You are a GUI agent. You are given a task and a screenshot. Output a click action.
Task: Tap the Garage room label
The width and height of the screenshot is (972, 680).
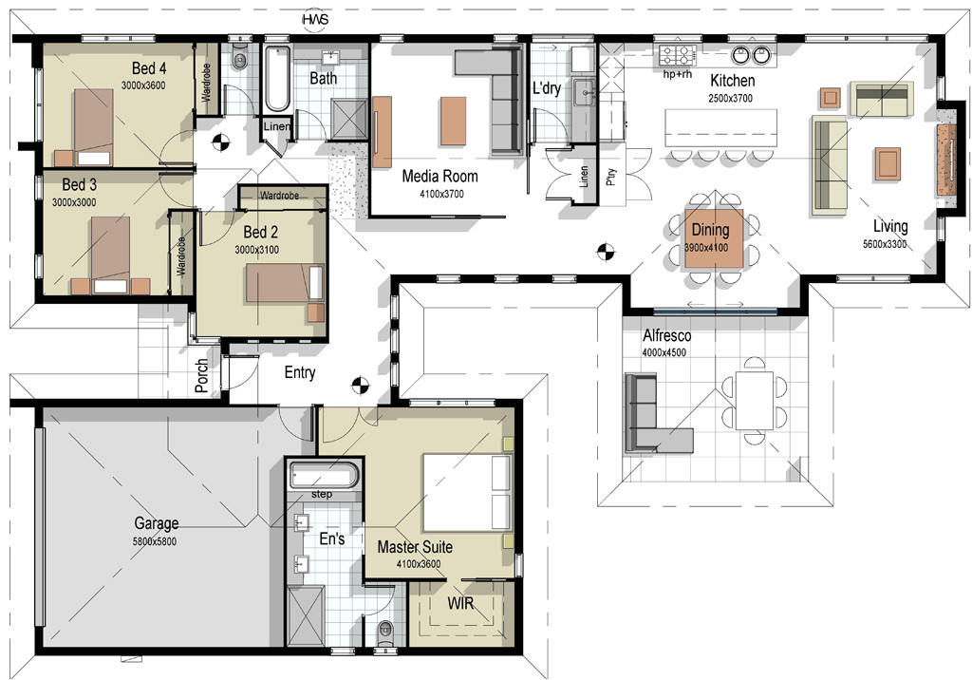tap(157, 523)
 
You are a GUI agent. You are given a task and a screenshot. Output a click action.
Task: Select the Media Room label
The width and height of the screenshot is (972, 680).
tap(439, 176)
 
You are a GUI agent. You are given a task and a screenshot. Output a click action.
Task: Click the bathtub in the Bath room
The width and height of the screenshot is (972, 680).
tap(277, 78)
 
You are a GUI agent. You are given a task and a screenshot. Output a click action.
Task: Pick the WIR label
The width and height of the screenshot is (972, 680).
tap(460, 604)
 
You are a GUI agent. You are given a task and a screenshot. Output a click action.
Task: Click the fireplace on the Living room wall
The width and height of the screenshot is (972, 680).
tap(945, 160)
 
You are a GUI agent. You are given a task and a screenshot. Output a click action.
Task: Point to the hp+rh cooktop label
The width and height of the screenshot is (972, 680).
tap(677, 73)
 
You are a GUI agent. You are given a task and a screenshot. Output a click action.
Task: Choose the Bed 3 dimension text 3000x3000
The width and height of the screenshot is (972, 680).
tap(74, 202)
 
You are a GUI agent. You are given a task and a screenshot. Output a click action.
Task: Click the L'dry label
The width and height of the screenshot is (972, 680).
tap(546, 89)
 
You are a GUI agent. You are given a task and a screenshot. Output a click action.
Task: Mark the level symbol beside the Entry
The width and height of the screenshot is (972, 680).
tap(360, 385)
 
